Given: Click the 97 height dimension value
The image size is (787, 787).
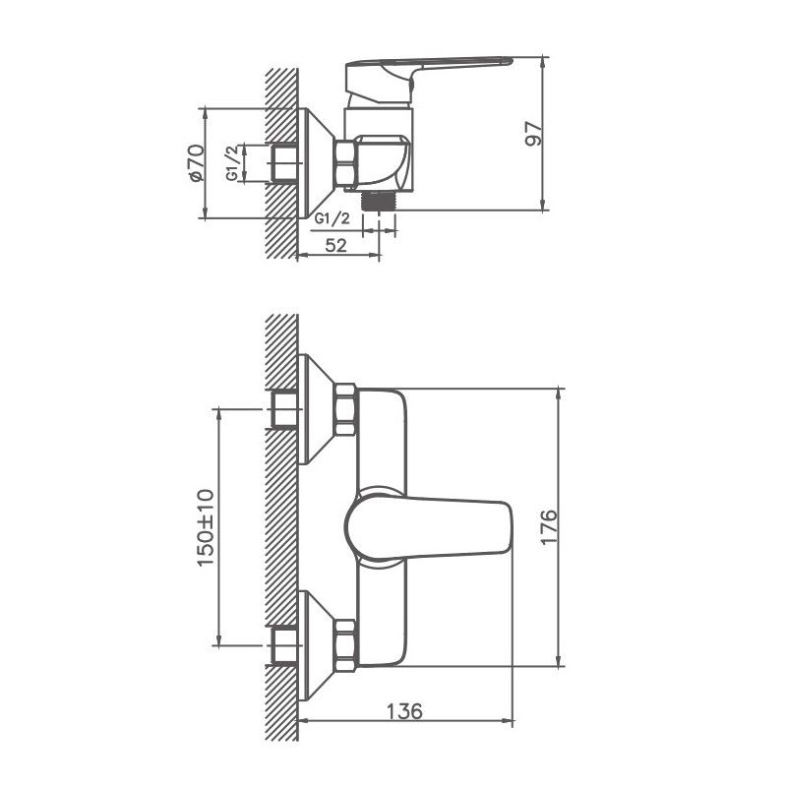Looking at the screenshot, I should click(533, 134).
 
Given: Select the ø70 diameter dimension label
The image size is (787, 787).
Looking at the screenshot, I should click(195, 162).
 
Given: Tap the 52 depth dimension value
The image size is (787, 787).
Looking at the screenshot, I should click(335, 245).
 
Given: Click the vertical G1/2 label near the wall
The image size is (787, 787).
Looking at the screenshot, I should click(232, 162).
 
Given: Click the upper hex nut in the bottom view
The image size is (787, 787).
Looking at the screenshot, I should click(345, 410).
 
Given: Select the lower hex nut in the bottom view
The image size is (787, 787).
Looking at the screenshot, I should click(345, 643).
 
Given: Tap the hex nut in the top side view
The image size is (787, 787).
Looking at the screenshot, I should click(345, 163).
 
